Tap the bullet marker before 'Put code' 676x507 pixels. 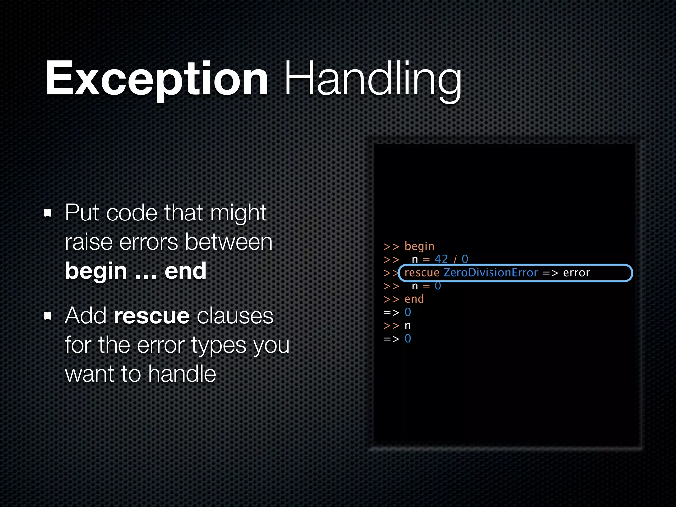[x=48, y=213]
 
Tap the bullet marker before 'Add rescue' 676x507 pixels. [x=48, y=316]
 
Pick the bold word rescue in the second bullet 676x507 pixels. [x=152, y=316]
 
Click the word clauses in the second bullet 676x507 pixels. [x=235, y=316]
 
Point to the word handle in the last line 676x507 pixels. [x=182, y=374]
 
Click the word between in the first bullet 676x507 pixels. [x=228, y=242]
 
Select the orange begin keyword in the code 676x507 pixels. [x=419, y=246]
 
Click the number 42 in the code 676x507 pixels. [x=441, y=259]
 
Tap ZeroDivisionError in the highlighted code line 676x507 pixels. [x=490, y=273]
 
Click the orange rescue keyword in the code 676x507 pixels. [x=422, y=273]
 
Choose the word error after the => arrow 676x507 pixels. [x=576, y=273]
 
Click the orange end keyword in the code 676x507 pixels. [x=414, y=299]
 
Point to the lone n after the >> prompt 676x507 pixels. [x=408, y=326]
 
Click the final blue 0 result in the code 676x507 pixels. [x=408, y=339]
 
